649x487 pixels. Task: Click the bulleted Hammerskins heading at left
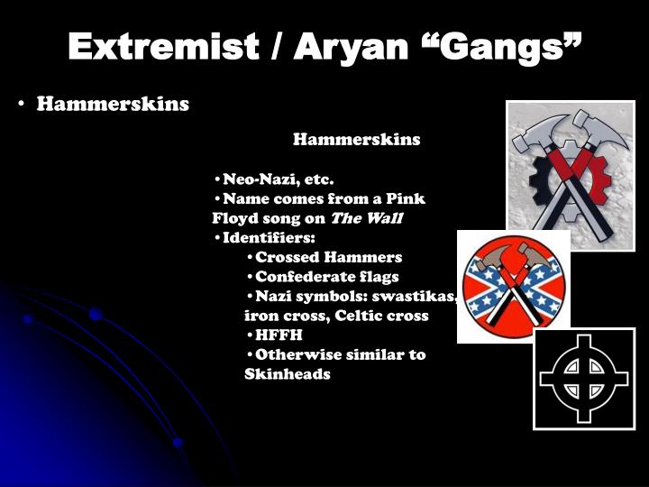[113, 104]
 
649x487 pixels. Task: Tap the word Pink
[406, 198]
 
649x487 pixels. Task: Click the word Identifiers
[269, 237]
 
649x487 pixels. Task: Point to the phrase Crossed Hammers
[328, 257]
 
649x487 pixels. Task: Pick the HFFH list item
[279, 335]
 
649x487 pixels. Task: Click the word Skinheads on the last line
[287, 374]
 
